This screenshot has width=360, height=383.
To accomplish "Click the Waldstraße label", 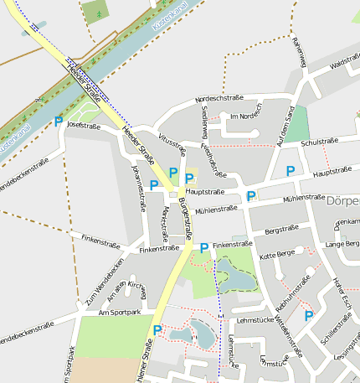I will point(344,64).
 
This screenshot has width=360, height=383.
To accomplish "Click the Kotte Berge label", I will point(277,254).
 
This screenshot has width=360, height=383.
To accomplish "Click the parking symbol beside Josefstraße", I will point(58,122).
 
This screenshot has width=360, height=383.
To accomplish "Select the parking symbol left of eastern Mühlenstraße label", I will point(251,196).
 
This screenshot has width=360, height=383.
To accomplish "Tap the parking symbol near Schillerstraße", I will point(309,316).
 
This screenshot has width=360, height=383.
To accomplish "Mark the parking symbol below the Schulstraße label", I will point(291,171).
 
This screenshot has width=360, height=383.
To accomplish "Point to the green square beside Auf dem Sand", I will point(297,123).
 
